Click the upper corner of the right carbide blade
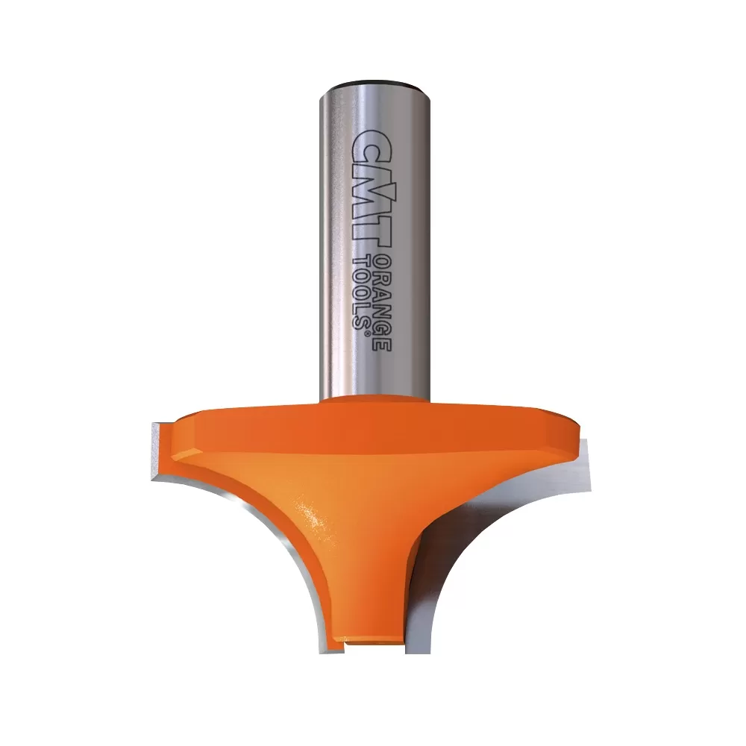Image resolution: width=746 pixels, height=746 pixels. (586, 445)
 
